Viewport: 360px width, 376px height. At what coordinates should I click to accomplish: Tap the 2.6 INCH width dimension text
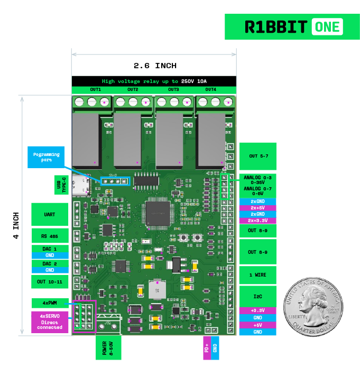[x=154, y=66]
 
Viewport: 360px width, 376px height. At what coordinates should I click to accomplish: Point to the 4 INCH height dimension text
[x=15, y=226]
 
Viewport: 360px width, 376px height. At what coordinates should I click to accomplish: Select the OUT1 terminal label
[x=95, y=89]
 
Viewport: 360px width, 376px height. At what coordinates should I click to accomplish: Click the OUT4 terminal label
[x=210, y=89]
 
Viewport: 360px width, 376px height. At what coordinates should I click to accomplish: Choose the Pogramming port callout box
[x=46, y=157]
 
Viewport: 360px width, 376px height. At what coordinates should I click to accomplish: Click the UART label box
[x=50, y=215]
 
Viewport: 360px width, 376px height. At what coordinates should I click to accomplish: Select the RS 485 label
[x=50, y=235]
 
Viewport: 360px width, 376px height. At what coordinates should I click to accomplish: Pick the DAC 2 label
[x=50, y=263]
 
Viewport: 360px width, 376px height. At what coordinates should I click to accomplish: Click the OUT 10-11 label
[x=50, y=282]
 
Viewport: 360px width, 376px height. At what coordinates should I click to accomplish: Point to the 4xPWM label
[x=50, y=303]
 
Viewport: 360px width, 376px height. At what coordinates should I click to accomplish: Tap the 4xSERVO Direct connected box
[x=50, y=322]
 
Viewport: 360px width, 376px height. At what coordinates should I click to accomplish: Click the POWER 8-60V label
[x=104, y=347]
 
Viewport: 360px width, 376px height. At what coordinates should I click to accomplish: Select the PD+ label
[x=207, y=347]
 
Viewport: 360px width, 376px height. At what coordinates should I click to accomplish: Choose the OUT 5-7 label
[x=257, y=156]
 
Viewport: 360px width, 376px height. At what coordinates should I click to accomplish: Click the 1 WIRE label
[x=257, y=275]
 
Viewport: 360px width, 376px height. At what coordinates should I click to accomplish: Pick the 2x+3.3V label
[x=257, y=221]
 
